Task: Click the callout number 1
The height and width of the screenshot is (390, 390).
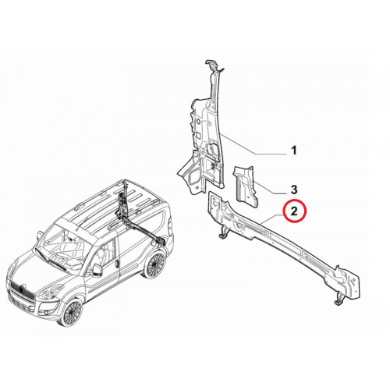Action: coord(294,151)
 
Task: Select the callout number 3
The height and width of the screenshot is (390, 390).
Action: coord(294,190)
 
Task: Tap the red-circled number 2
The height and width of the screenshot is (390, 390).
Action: coord(295,211)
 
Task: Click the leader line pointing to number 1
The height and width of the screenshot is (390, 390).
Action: coord(253,144)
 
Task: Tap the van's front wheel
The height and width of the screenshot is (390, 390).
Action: coord(73,312)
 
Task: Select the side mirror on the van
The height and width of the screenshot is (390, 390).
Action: coord(97,269)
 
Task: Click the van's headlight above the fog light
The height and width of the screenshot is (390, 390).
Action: coord(51,291)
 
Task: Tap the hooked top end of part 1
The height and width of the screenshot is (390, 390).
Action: coord(214,66)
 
